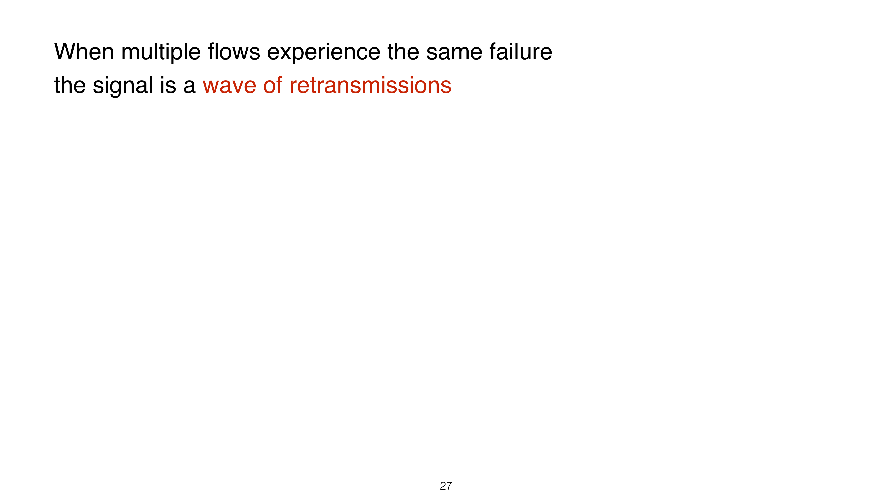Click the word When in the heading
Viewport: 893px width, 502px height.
(x=84, y=52)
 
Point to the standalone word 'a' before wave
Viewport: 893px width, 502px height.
(x=189, y=87)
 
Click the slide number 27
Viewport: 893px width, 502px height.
(x=446, y=486)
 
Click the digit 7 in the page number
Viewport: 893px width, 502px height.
(x=449, y=486)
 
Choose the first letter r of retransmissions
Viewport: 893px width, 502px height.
(x=293, y=87)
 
